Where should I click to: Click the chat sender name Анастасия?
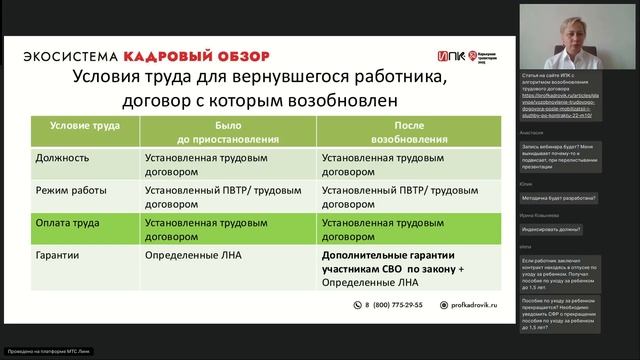pos(531,132)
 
